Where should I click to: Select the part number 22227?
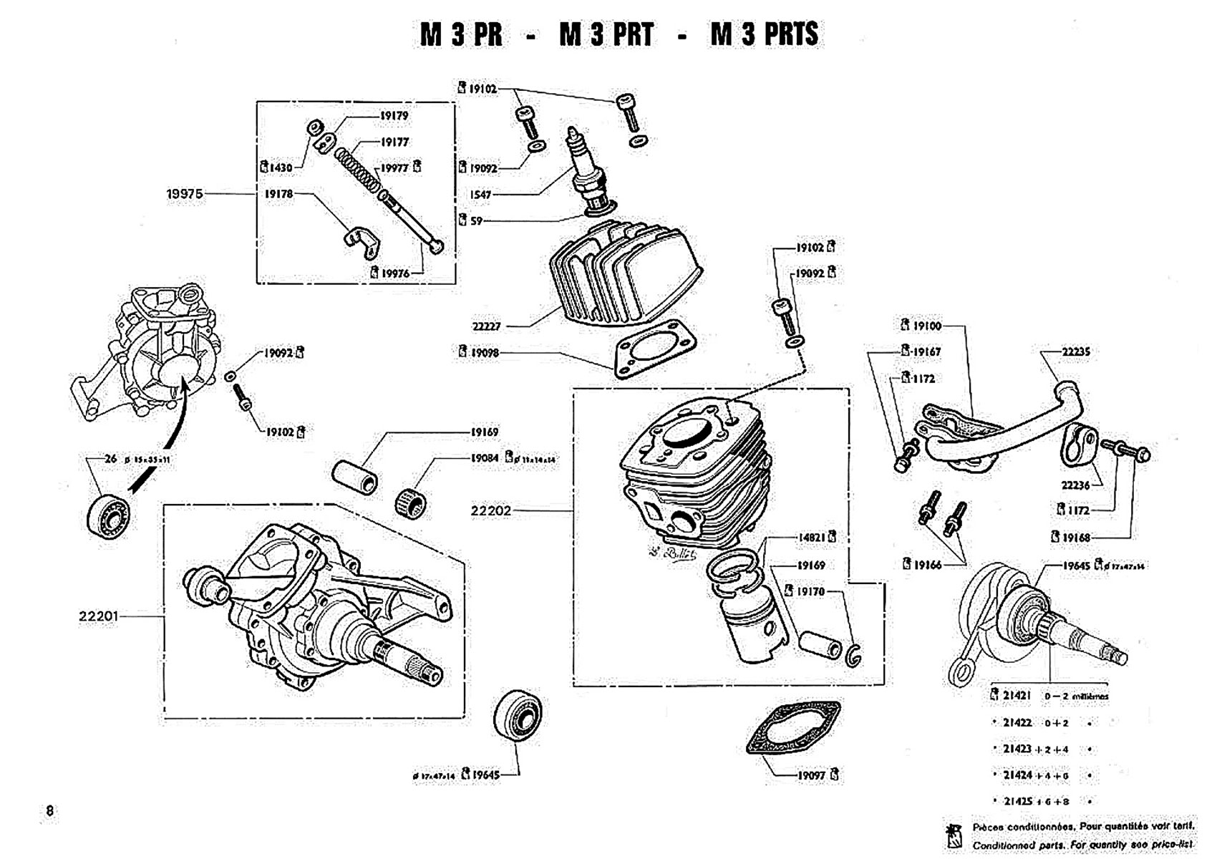point(486,326)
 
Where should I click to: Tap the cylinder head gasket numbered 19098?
point(655,349)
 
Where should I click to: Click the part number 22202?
point(491,511)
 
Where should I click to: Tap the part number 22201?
point(99,616)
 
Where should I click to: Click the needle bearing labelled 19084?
point(413,496)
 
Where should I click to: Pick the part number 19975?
point(185,194)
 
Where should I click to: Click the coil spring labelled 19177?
point(358,170)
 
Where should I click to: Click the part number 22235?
point(1075,352)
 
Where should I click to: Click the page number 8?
point(49,810)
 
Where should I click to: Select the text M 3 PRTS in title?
point(764,34)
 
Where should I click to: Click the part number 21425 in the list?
point(1017,801)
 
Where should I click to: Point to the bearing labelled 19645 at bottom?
point(517,715)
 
